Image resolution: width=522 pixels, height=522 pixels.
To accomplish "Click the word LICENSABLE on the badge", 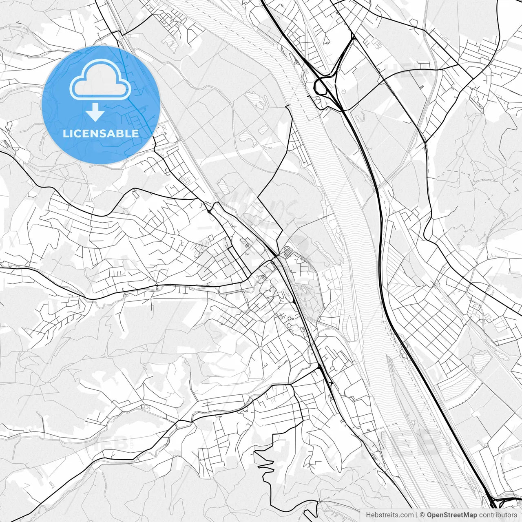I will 101,134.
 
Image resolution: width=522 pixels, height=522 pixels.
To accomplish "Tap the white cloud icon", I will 100,80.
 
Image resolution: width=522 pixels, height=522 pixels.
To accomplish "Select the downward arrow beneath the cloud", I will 95,112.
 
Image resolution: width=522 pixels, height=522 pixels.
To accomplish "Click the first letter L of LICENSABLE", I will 65,134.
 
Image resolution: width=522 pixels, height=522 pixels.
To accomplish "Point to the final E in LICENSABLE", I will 135,134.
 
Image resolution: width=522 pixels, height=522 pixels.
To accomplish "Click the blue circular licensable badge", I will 101,105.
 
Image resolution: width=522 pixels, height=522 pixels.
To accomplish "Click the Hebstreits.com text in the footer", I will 389,515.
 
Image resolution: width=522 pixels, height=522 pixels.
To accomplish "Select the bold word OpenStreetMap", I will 452,515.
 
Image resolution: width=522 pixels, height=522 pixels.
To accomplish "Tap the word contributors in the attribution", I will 498,515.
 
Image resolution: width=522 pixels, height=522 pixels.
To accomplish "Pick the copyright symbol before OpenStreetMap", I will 423,515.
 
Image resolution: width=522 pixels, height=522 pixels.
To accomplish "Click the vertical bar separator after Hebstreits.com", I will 417,515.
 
